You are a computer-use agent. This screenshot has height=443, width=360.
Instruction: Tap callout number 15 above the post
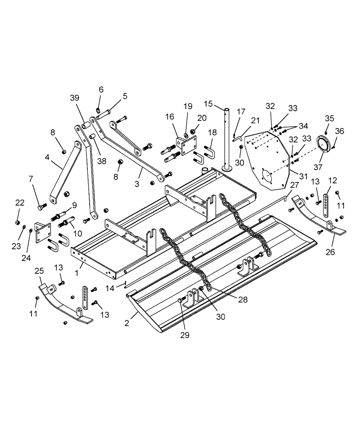point(208,104)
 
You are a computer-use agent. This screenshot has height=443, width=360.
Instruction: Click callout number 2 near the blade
point(127,323)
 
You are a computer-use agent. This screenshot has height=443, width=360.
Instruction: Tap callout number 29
point(184,335)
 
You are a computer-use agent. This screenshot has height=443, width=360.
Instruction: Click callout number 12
point(332,180)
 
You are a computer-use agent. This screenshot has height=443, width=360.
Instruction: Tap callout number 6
point(101,89)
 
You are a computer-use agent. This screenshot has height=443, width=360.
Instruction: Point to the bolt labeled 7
point(41,206)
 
